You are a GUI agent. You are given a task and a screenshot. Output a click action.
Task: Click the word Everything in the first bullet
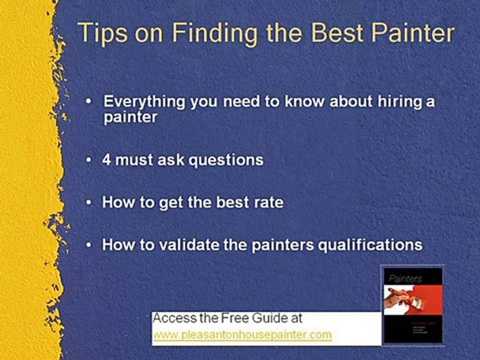point(145,102)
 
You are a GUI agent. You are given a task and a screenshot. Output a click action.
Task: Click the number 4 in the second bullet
point(106,160)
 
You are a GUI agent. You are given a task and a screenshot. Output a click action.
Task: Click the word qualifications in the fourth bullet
point(370,245)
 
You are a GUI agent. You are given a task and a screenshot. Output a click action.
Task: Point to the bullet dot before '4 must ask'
point(89,160)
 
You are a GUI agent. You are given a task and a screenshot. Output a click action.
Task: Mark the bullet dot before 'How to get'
point(89,203)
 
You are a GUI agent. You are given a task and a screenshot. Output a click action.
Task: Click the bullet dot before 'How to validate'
point(89,245)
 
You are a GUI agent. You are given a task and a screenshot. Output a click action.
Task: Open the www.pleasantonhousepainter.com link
point(242,334)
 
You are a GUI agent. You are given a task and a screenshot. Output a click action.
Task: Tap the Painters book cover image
point(411,304)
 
